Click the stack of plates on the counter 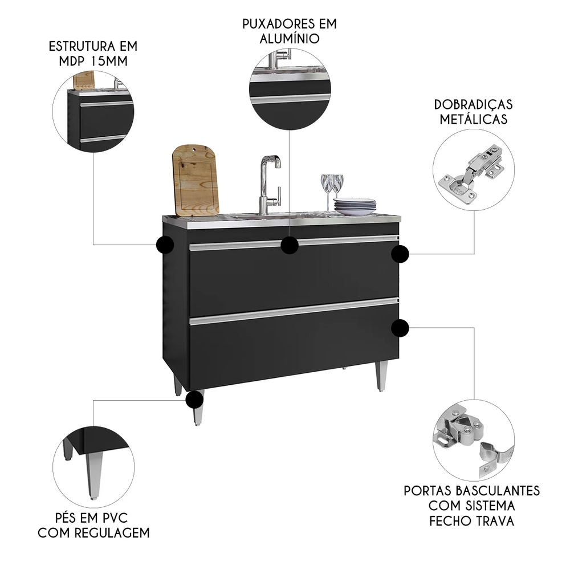pos(355,206)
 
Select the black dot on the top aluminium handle pos(290,245)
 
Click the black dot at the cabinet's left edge pos(165,245)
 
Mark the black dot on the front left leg pos(194,399)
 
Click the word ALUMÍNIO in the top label pos(290,39)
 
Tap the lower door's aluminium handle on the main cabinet pos(294,311)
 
